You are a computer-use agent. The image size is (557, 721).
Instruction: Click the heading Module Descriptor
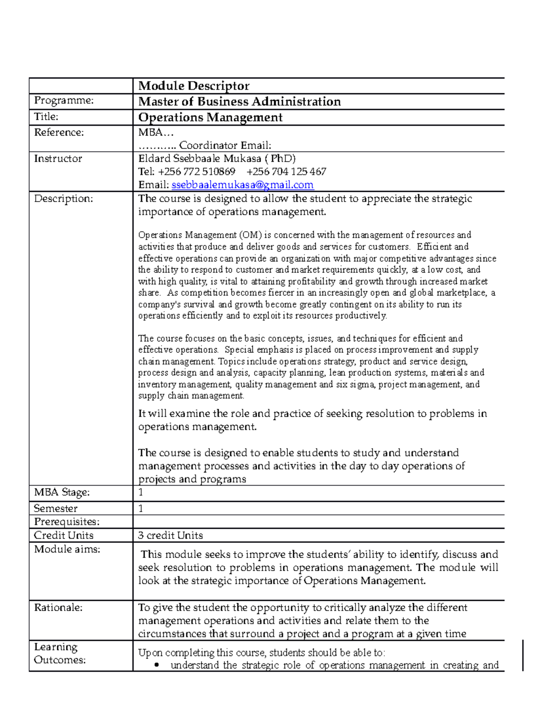click(x=194, y=86)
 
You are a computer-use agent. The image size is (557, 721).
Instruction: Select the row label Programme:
click(x=64, y=100)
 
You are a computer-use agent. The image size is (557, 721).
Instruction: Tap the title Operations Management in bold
click(x=210, y=117)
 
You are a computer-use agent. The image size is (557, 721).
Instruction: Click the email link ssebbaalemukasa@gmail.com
click(x=242, y=185)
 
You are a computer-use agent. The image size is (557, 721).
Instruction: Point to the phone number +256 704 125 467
click(x=286, y=172)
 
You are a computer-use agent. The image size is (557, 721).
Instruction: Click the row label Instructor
click(x=58, y=159)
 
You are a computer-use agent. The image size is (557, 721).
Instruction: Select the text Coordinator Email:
click(x=225, y=145)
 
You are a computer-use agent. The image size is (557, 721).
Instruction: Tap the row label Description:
click(x=64, y=199)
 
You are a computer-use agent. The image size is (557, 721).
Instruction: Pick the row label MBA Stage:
click(x=62, y=492)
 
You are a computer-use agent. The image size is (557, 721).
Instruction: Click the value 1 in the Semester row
click(x=141, y=508)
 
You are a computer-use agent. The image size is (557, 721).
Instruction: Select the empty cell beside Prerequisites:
click(x=318, y=522)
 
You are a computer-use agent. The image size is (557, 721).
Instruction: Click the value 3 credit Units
click(x=170, y=535)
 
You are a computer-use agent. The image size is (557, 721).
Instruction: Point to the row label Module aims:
click(x=67, y=549)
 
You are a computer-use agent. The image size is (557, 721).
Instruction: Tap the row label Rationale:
click(x=58, y=608)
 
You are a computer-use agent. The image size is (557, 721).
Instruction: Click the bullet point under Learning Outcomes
click(x=157, y=665)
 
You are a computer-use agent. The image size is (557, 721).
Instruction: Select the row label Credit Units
click(x=64, y=535)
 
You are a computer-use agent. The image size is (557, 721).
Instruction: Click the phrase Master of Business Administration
click(x=240, y=102)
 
